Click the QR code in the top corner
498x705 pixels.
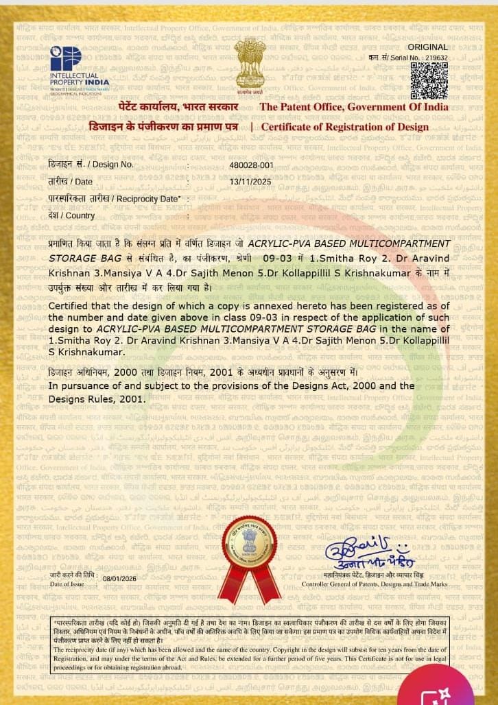coord(434,81)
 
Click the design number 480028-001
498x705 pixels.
coord(251,165)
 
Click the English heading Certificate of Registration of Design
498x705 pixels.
coord(344,127)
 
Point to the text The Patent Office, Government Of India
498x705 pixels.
coord(354,107)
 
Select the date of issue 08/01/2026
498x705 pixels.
coord(120,578)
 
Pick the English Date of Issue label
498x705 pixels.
coord(67,584)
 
